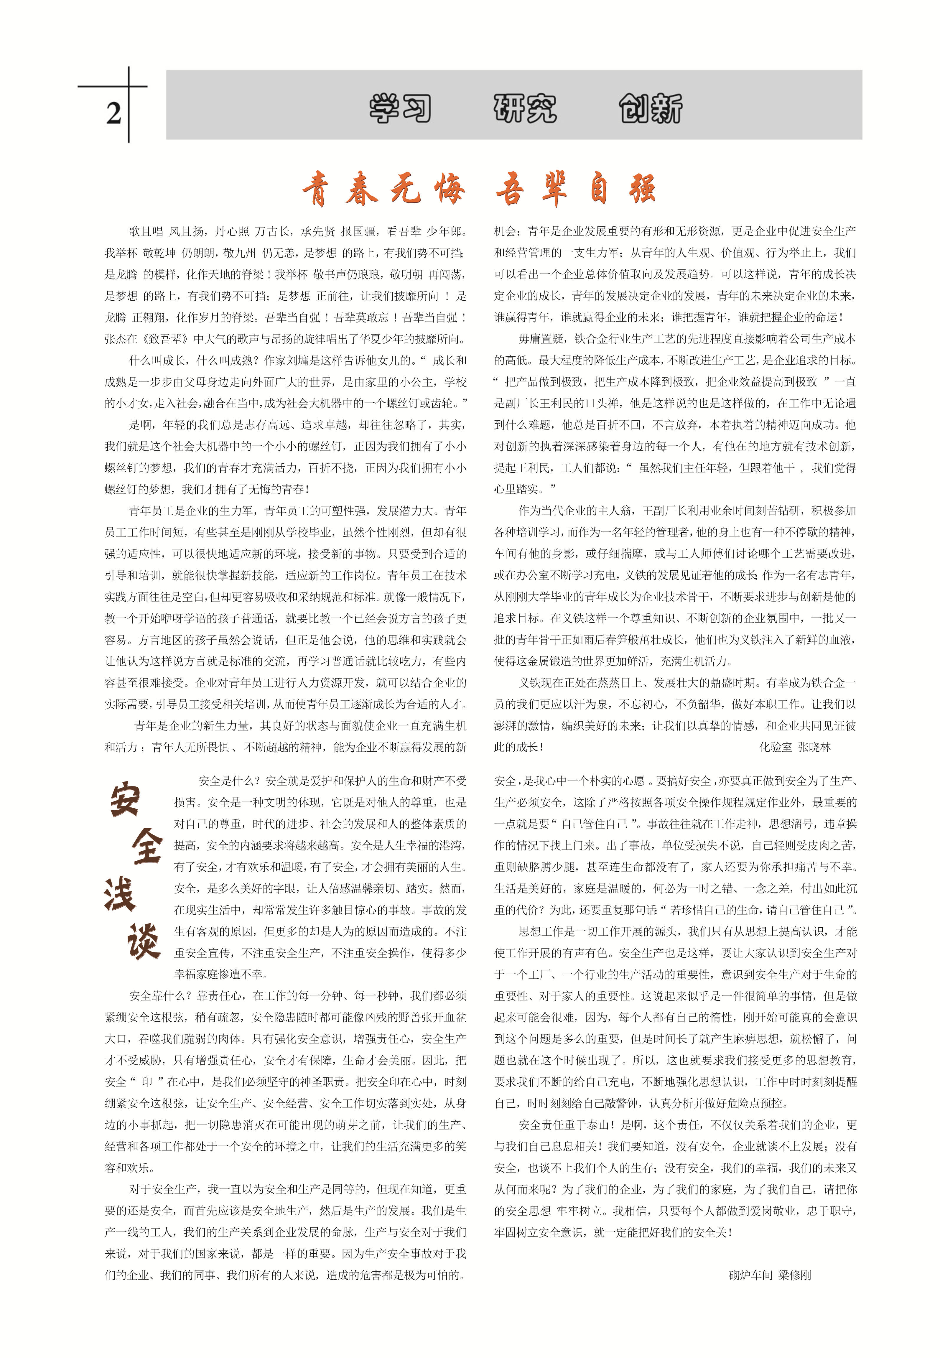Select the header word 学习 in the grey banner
tap(401, 109)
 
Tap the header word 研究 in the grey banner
tap(525, 109)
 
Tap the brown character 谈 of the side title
tap(143, 941)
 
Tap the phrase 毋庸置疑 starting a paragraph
tap(540, 339)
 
